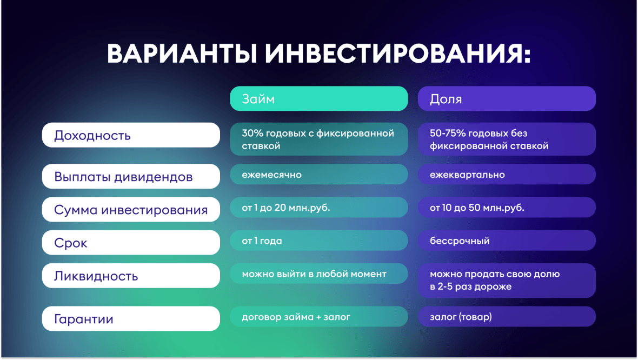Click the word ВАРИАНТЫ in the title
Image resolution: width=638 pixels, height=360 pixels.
click(182, 53)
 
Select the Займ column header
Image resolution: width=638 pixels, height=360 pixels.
click(319, 98)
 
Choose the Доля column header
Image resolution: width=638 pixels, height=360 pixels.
click(507, 98)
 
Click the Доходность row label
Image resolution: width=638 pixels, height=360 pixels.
click(131, 135)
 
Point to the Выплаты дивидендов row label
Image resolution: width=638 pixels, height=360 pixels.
click(131, 176)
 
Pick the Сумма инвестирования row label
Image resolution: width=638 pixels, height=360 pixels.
click(131, 210)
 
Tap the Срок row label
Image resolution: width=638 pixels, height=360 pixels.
click(131, 243)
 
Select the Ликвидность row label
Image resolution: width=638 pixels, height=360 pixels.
click(131, 276)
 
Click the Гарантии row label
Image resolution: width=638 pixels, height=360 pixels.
click(131, 318)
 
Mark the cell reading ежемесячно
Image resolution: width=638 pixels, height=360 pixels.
click(319, 175)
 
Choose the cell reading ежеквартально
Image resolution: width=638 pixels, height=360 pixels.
click(507, 175)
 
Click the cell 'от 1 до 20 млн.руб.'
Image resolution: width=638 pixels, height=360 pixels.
click(319, 208)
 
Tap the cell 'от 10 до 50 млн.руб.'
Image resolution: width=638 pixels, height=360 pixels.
click(507, 208)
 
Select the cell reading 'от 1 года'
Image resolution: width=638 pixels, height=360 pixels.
click(319, 241)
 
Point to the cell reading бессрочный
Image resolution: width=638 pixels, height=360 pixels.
click(507, 241)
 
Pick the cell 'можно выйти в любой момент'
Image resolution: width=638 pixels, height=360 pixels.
click(319, 274)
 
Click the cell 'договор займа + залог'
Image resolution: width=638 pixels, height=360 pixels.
click(319, 316)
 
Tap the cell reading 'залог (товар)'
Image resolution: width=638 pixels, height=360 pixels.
click(507, 316)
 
